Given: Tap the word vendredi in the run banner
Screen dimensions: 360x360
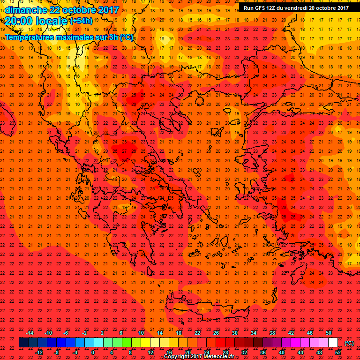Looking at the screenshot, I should click(294, 7).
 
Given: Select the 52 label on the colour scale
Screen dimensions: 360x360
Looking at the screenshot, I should click(337, 352).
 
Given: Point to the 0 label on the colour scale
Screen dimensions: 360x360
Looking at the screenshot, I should click(93, 352).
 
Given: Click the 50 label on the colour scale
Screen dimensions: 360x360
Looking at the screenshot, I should click(329, 333).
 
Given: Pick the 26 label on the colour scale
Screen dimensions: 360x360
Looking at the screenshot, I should click(217, 333).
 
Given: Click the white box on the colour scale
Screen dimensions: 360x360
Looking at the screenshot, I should click(333, 343).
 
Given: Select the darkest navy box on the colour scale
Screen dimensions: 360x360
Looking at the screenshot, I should click(23, 343).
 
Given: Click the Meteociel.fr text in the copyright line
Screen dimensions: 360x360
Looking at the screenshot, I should click(215, 357).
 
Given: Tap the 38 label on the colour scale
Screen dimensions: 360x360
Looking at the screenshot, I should click(272, 333).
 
